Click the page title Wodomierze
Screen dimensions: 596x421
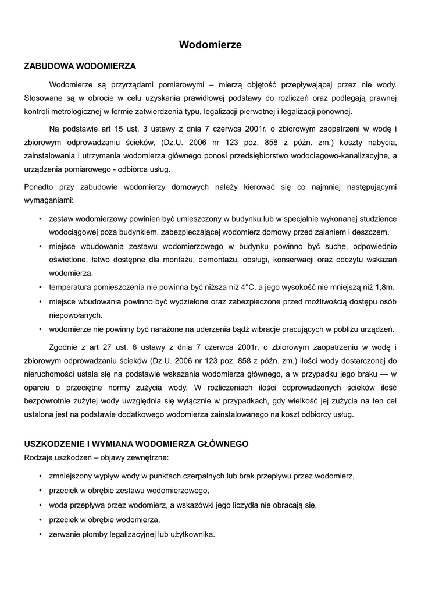(210, 44)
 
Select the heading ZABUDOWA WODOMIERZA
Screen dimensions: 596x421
(80, 66)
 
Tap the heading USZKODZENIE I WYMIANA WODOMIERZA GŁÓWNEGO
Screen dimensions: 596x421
(136, 444)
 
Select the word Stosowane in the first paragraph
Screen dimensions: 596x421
(44, 98)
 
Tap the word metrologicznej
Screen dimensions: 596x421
(75, 112)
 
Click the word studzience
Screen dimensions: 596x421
(376, 218)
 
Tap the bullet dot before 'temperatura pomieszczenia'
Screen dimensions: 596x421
(40, 288)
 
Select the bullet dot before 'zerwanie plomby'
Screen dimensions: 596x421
(40, 534)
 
